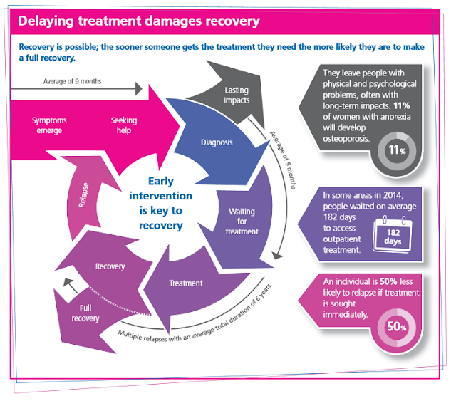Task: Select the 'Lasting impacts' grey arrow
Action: (x=236, y=95)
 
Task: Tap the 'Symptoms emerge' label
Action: (x=48, y=125)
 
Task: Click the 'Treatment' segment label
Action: (x=186, y=283)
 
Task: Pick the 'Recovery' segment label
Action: (x=110, y=266)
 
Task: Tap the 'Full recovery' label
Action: (x=85, y=313)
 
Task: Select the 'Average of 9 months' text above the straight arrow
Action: (x=72, y=81)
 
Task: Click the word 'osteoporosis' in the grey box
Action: (x=346, y=138)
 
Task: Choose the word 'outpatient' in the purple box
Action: (x=346, y=239)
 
